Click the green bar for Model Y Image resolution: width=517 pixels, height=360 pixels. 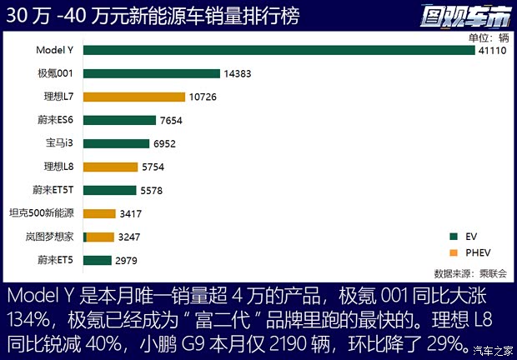pos(279,50)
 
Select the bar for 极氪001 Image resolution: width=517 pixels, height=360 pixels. pos(151,73)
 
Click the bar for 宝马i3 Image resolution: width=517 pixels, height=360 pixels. pos(116,143)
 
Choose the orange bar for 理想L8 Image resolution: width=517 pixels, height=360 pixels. pos(111,167)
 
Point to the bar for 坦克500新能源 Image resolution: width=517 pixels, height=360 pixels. pos(99,213)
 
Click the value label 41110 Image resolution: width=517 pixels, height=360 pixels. pos(491,50)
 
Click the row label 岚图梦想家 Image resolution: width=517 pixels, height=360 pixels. pos(51,237)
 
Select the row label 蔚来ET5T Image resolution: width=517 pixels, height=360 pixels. pos(54,190)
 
